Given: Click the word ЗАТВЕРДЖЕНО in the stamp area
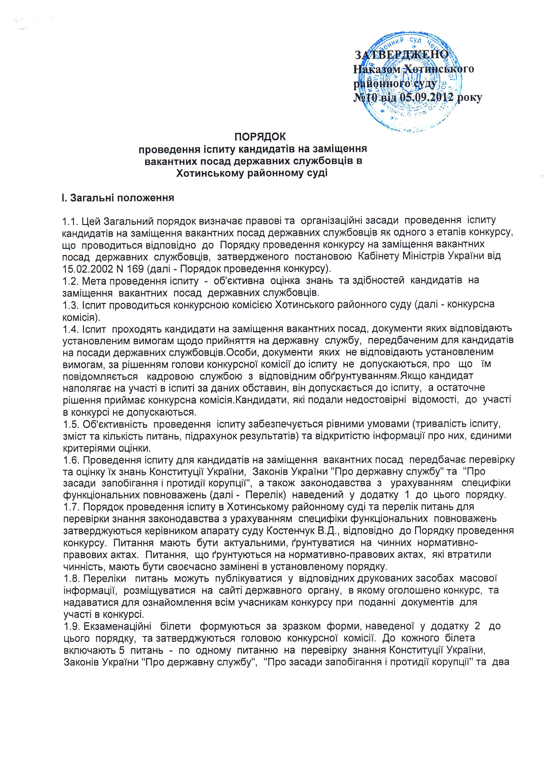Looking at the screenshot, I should point(401,54).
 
